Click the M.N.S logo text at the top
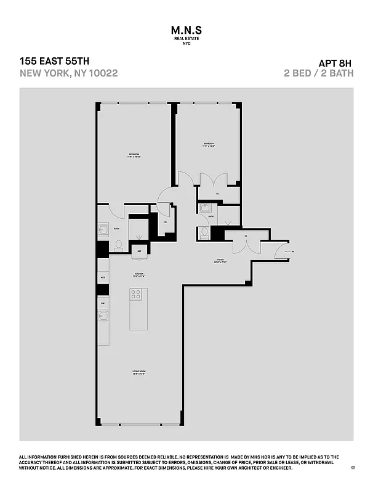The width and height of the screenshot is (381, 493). [190, 30]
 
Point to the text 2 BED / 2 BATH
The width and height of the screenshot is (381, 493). [318, 73]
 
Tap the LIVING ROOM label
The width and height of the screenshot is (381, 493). [138, 371]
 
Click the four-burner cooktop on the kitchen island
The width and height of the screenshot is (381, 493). [136, 295]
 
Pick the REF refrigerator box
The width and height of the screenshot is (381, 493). [139, 251]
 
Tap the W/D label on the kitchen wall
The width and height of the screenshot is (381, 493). [102, 278]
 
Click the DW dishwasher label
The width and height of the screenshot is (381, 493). [102, 304]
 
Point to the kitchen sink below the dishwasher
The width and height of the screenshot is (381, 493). [103, 317]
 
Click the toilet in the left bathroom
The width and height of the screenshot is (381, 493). [118, 246]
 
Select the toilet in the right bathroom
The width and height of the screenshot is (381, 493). [204, 233]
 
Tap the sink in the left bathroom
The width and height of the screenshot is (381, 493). [103, 230]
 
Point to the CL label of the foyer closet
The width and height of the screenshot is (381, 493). [246, 236]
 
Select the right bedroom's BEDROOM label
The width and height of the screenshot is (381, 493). [208, 144]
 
